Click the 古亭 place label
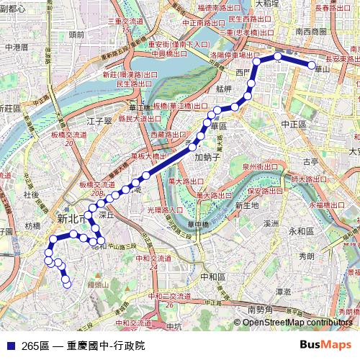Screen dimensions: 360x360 point(310,161)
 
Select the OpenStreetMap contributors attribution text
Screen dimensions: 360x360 point(297,322)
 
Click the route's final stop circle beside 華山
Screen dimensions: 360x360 point(312,66)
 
